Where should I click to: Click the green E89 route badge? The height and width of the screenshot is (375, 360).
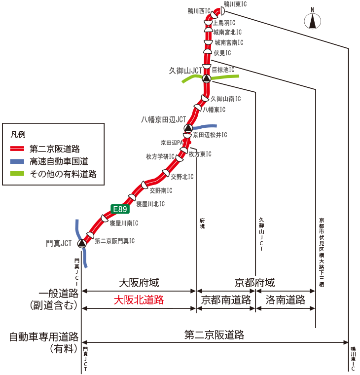pyautogui.click(x=120, y=209)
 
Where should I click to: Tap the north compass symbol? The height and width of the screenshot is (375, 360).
pyautogui.click(x=312, y=21)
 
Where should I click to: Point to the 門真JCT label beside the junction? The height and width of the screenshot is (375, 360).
pyautogui.click(x=59, y=243)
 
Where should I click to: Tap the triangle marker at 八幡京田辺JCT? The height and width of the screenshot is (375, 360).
pyautogui.click(x=188, y=129)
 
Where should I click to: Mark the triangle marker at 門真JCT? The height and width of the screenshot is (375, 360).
pyautogui.click(x=82, y=243)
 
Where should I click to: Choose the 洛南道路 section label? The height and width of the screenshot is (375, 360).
pyautogui.click(x=285, y=300)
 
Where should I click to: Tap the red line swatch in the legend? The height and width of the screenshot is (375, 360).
pyautogui.click(x=18, y=148)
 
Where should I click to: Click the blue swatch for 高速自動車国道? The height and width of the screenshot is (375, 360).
pyautogui.click(x=18, y=161)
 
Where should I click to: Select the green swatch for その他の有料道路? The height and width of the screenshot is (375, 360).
pyautogui.click(x=18, y=174)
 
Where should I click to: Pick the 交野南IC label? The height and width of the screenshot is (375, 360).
pyautogui.click(x=161, y=190)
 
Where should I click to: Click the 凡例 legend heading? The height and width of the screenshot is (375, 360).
pyautogui.click(x=17, y=134)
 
